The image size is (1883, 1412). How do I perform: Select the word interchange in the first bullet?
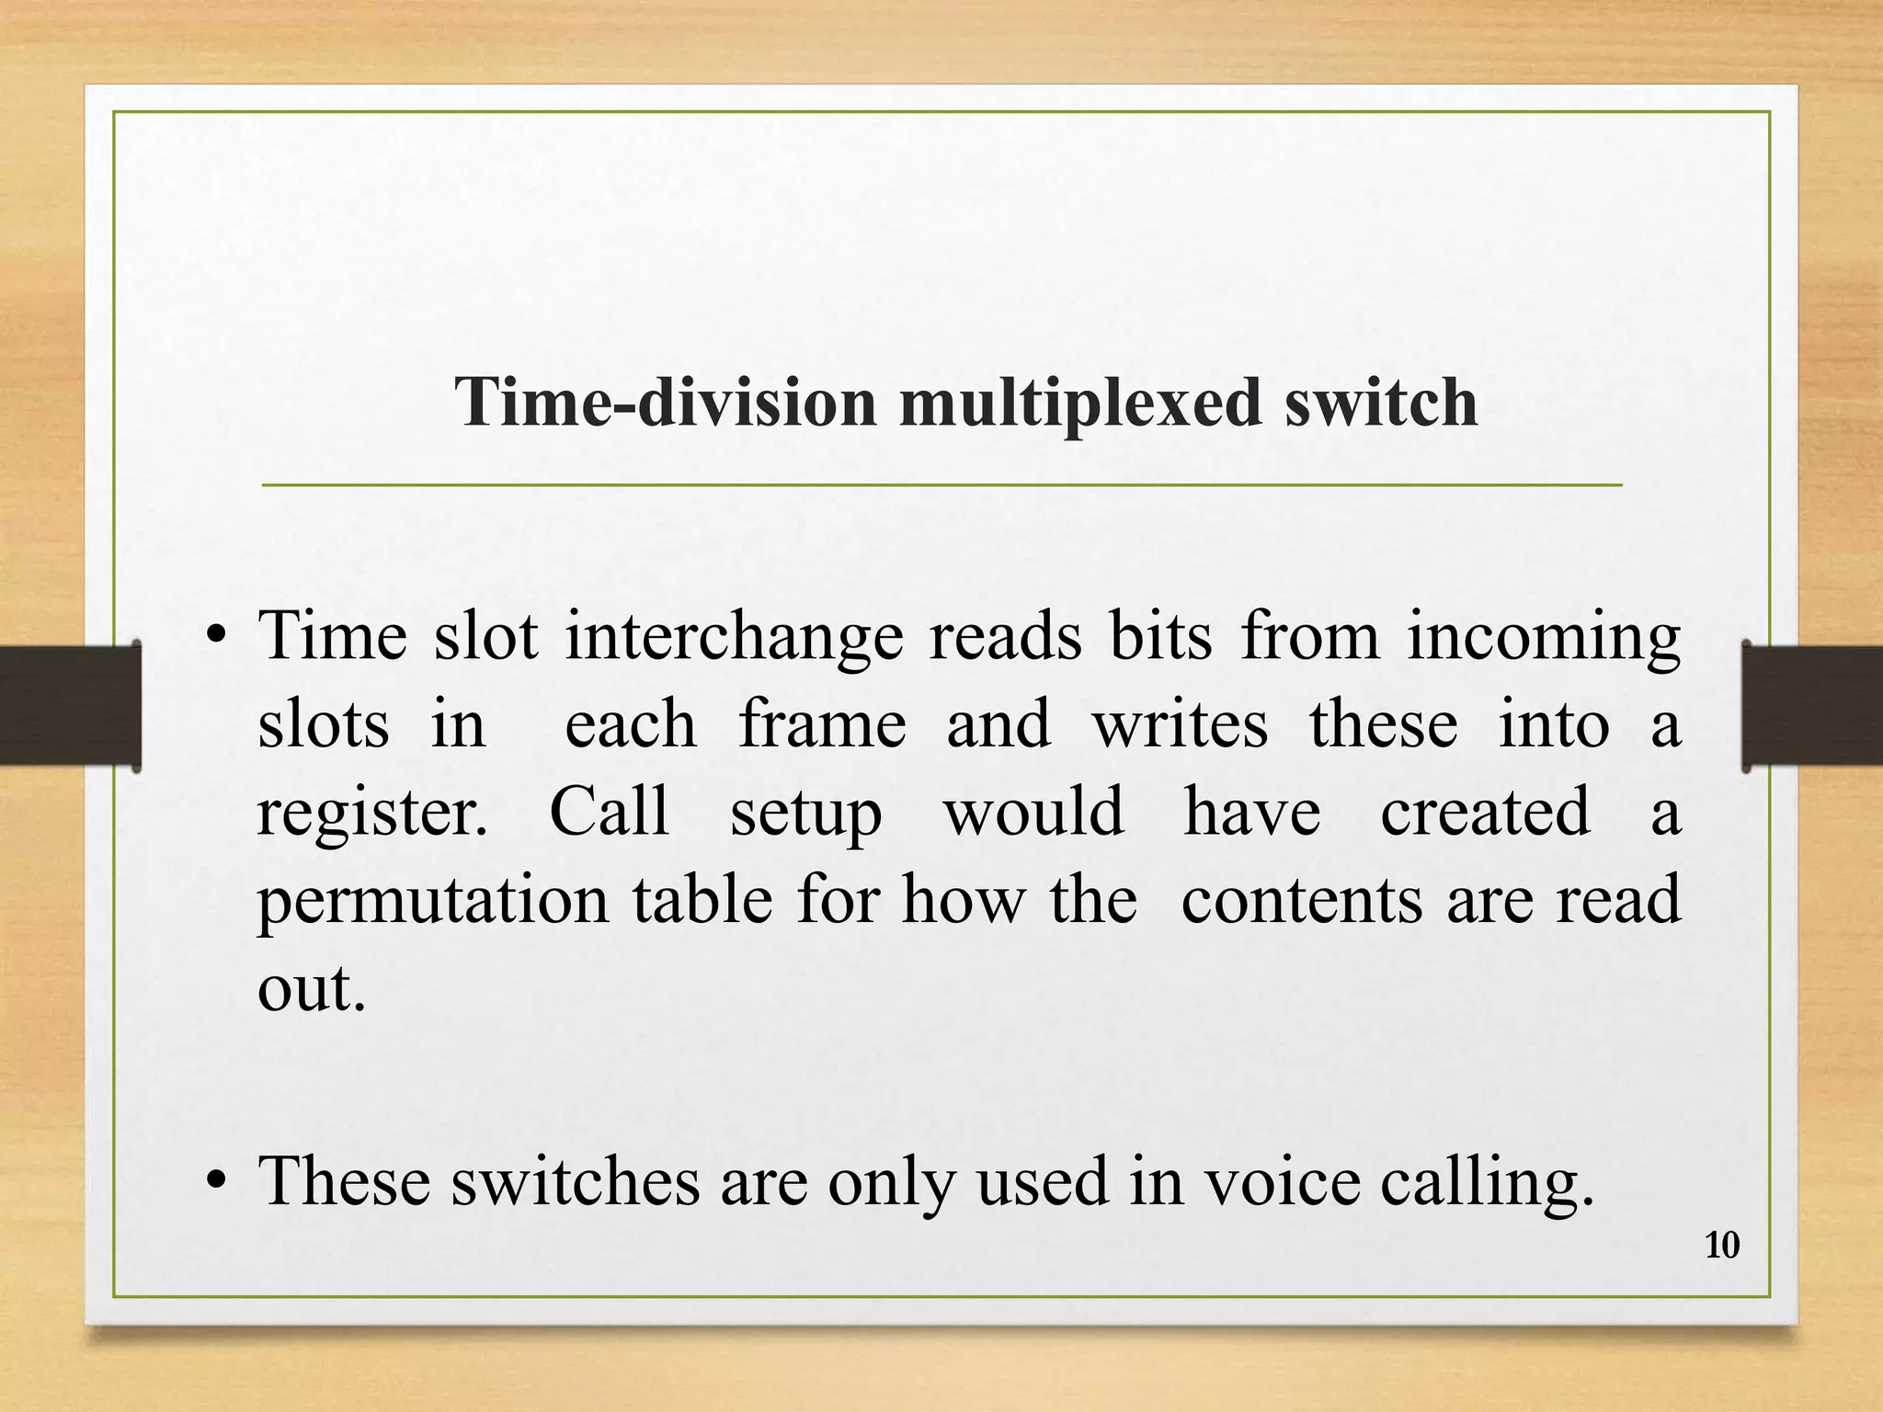pyautogui.click(x=734, y=638)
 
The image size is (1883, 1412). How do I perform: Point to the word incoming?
pyautogui.click(x=1543, y=638)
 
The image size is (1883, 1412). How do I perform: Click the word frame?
pyautogui.click(x=822, y=724)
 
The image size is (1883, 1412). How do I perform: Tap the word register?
pyautogui.click(x=371, y=813)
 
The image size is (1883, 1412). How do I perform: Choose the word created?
pyautogui.click(x=1484, y=811)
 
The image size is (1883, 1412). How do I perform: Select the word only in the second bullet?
pyautogui.click(x=891, y=1182)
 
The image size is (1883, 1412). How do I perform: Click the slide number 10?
pyautogui.click(x=1722, y=1246)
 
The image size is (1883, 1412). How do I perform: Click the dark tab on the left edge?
pyautogui.click(x=69, y=705)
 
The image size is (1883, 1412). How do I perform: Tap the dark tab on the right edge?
pyautogui.click(x=1812, y=705)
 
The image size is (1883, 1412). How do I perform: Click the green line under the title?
pyautogui.click(x=941, y=484)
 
